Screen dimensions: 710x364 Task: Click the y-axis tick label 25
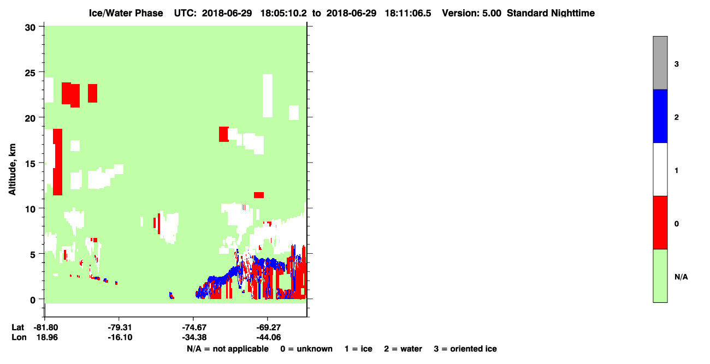coord(30,73)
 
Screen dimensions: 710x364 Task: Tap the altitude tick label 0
coord(33,300)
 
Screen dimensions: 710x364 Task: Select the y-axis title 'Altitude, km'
coord(12,170)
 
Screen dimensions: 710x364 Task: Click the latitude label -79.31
coord(120,327)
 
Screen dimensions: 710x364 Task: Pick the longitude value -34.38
coord(194,337)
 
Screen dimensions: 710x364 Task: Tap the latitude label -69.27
coord(268,327)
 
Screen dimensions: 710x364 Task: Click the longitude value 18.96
coord(47,337)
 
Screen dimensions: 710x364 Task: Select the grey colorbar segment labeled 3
coord(660,63)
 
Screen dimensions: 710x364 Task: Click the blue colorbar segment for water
coord(660,116)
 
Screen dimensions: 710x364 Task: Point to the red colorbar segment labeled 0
coord(660,223)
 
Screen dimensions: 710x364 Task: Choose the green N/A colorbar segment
coord(660,276)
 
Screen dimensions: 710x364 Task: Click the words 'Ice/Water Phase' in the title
coord(126,13)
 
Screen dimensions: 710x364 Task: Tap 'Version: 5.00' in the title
coord(472,13)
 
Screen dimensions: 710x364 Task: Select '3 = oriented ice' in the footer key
coord(465,349)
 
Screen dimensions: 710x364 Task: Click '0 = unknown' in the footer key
coord(306,349)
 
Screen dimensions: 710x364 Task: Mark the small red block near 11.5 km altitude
coord(259,195)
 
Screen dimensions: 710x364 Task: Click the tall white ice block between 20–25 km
coord(268,96)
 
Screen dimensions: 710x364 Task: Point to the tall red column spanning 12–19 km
coord(58,162)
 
